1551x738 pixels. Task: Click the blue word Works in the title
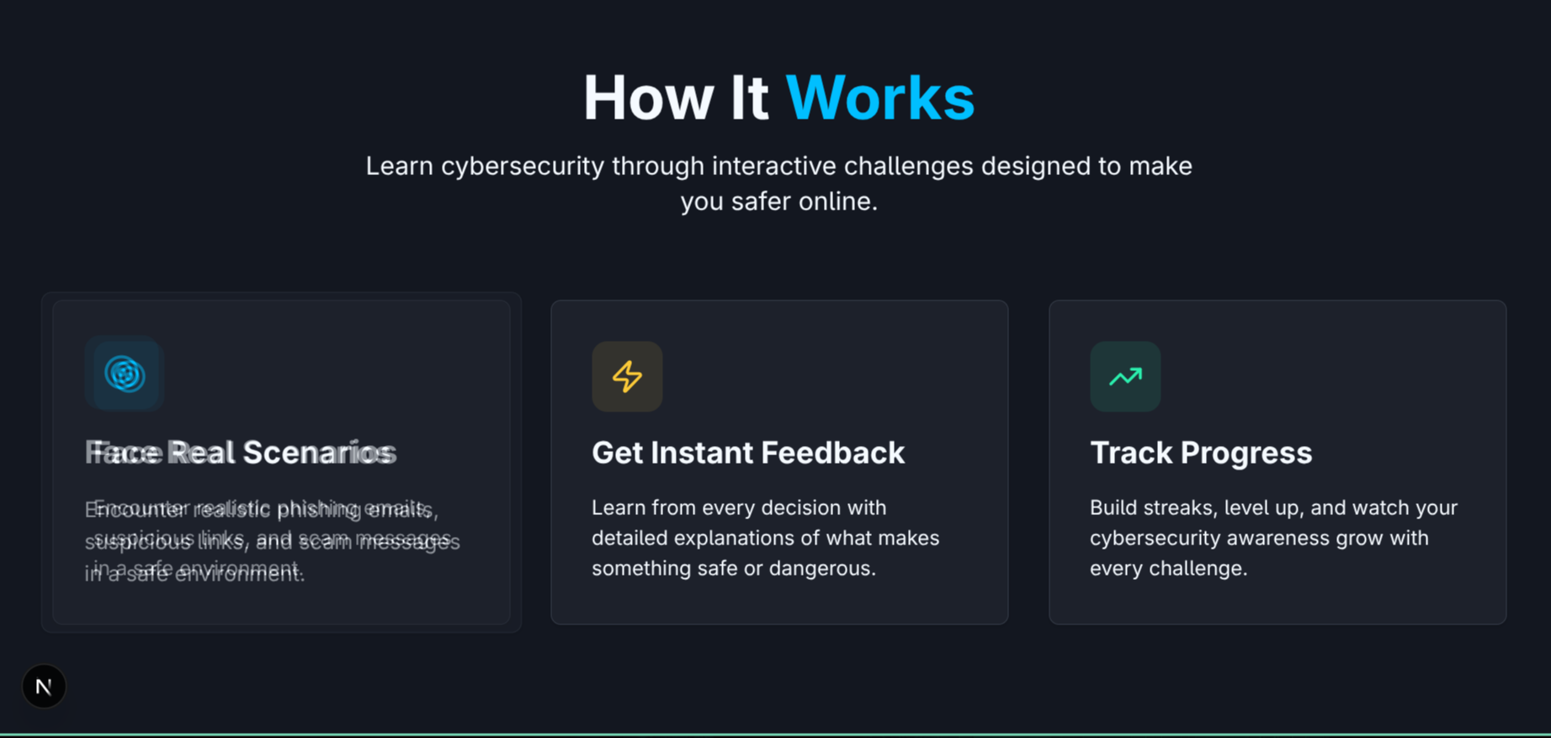point(879,98)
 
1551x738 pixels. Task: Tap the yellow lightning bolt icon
point(627,376)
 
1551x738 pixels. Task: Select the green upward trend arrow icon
point(1125,376)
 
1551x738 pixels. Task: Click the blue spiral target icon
point(125,374)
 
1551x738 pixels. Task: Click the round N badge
point(44,687)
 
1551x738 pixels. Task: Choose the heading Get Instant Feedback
point(747,453)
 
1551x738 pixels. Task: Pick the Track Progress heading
point(1200,453)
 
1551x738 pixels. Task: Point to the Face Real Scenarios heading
point(241,453)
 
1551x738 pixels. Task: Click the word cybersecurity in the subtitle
point(523,166)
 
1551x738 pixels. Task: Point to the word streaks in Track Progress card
point(1181,507)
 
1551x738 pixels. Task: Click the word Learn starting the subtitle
point(399,166)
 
